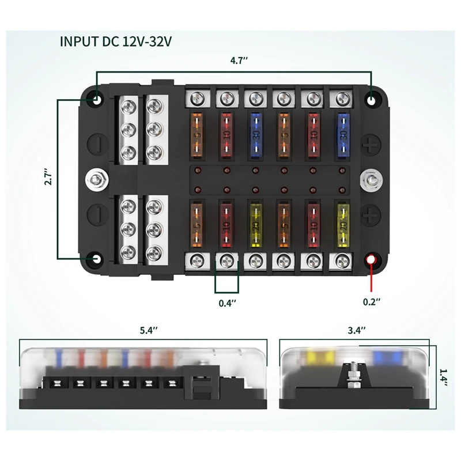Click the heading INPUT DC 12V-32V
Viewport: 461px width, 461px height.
click(116, 41)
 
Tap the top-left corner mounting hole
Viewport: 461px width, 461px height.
click(97, 99)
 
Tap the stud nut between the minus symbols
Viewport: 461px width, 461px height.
click(96, 178)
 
